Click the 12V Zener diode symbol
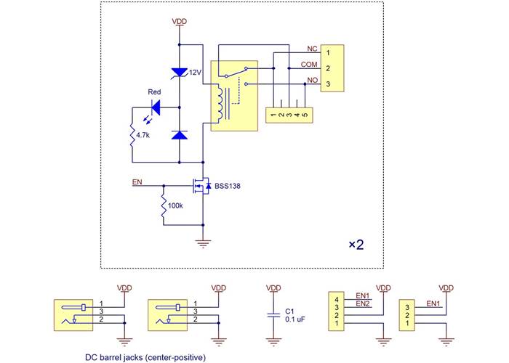pyautogui.click(x=179, y=72)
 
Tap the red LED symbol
pyautogui.click(x=153, y=107)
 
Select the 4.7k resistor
pyautogui.click(x=132, y=134)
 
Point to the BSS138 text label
pyautogui.click(x=227, y=187)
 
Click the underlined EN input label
pyautogui.click(x=137, y=182)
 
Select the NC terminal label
pyautogui.click(x=312, y=49)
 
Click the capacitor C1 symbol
pyautogui.click(x=273, y=314)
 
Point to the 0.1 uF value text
pyautogui.click(x=294, y=319)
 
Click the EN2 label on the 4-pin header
pyautogui.click(x=363, y=304)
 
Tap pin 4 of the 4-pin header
pyautogui.click(x=337, y=298)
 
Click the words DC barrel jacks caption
pyautogui.click(x=145, y=356)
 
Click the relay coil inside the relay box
pyautogui.click(x=218, y=102)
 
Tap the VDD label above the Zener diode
pyautogui.click(x=179, y=22)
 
